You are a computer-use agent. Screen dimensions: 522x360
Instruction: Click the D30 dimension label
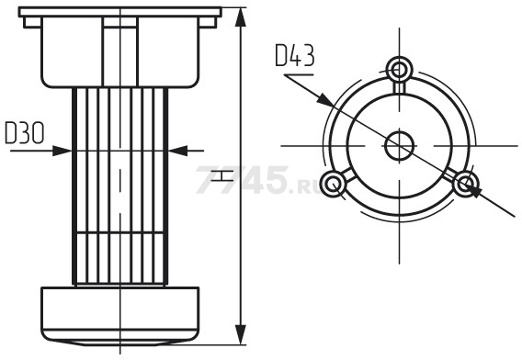pyautogui.click(x=25, y=133)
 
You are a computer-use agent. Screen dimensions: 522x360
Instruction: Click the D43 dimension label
pyautogui.click(x=295, y=56)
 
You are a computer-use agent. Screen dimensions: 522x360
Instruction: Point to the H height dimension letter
pyautogui.click(x=222, y=175)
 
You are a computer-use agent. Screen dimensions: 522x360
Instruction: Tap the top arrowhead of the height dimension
pyautogui.click(x=241, y=17)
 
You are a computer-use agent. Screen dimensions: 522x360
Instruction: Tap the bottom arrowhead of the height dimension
pyautogui.click(x=241, y=334)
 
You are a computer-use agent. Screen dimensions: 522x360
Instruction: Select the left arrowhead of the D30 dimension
pyautogui.click(x=62, y=151)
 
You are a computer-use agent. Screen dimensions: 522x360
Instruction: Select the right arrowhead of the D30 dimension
pyautogui.click(x=177, y=151)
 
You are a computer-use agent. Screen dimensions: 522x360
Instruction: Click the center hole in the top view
pyautogui.click(x=399, y=146)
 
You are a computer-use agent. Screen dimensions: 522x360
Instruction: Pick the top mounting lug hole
pyautogui.click(x=399, y=70)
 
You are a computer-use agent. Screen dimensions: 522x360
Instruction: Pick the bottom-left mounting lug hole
pyautogui.click(x=333, y=184)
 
